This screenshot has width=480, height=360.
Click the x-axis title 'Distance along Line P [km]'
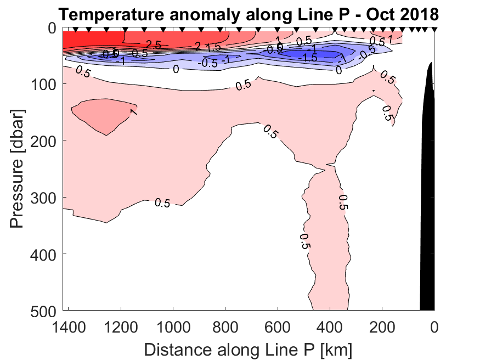tap(248, 349)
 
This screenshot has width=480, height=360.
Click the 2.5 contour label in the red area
tap(153, 45)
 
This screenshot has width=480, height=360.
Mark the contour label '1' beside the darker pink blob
tap(133, 111)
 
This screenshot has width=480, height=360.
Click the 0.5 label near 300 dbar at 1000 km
tap(162, 203)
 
